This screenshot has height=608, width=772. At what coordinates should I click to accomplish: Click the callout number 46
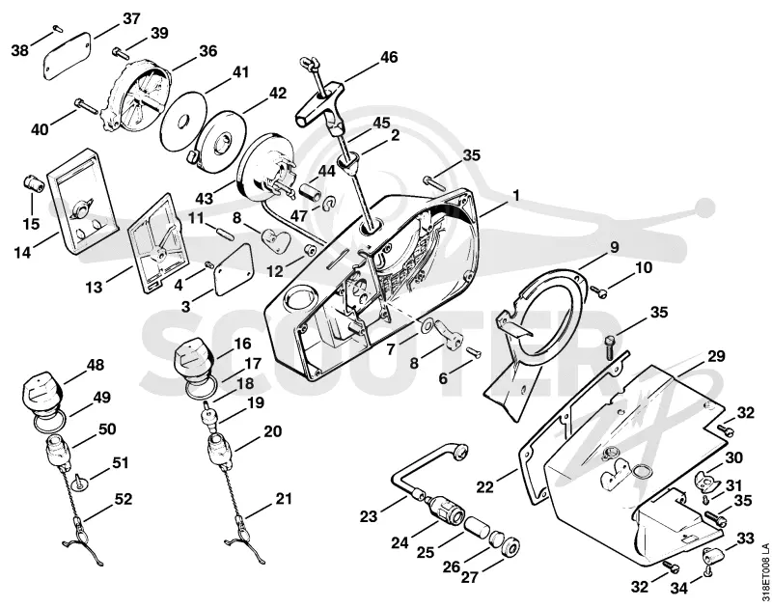click(389, 57)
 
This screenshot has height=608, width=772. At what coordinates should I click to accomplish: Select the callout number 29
click(716, 356)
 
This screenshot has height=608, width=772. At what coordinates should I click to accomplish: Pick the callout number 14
click(22, 253)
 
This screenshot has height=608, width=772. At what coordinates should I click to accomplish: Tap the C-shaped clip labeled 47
click(328, 204)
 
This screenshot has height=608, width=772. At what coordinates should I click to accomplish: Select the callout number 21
click(283, 499)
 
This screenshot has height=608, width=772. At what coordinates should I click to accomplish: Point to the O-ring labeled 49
click(48, 422)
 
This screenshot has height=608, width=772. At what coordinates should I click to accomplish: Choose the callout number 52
click(123, 499)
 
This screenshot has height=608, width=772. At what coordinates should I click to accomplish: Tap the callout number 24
click(400, 542)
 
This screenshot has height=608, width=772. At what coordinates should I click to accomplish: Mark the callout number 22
click(485, 487)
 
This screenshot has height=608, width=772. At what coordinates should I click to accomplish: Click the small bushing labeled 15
click(34, 185)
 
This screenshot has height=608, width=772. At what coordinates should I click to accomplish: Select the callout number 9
click(614, 247)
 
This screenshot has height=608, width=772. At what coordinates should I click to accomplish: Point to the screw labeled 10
click(599, 292)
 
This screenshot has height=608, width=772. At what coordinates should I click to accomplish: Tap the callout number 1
click(516, 196)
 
